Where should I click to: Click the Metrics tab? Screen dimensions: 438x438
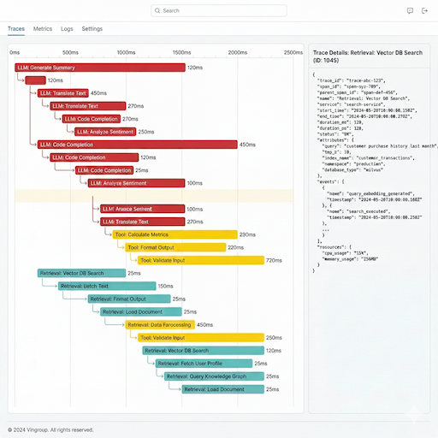(x=43, y=28)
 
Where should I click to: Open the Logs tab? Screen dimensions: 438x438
(x=67, y=28)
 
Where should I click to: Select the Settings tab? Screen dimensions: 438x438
(x=92, y=28)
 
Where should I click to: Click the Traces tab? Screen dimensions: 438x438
(x=16, y=28)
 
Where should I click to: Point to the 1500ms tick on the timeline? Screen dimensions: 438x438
(x=181, y=52)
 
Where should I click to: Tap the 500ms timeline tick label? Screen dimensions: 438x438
(x=71, y=52)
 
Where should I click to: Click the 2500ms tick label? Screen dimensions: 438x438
(x=293, y=52)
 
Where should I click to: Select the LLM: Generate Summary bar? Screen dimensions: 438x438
(x=99, y=67)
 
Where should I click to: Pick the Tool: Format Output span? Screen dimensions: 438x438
(x=175, y=247)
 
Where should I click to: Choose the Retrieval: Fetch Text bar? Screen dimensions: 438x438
(x=106, y=287)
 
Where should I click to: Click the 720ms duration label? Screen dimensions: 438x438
(x=274, y=260)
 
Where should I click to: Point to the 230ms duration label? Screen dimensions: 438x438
(x=247, y=234)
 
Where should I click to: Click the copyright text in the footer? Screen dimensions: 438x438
(x=50, y=429)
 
